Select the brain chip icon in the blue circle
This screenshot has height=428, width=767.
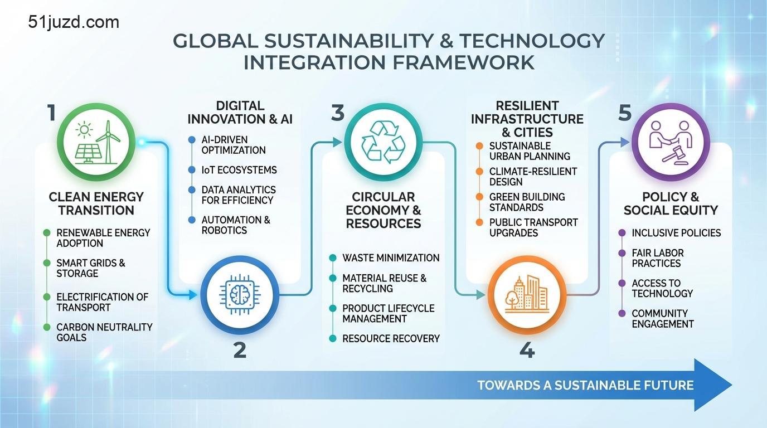pos(240,294)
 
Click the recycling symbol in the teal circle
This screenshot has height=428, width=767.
pos(384,142)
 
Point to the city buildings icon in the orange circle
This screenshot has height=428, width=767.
pos(527,294)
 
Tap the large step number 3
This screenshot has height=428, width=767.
pos(337,113)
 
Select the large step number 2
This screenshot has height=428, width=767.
pos(240,350)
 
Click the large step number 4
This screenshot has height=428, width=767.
pos(527,350)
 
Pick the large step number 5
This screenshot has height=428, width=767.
pos(624,113)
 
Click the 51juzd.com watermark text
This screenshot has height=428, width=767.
pos(74,23)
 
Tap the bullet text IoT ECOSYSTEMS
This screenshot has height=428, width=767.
pos(239,170)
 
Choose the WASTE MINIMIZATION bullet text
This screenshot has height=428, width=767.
pos(391,258)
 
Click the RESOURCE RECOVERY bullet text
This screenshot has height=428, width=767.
pos(391,339)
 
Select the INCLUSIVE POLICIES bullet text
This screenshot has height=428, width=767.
pos(676,233)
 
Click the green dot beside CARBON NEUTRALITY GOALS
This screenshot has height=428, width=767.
pos(47,327)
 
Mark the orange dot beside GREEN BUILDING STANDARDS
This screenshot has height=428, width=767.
pos(479,197)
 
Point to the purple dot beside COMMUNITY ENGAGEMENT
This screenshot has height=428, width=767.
pos(622,313)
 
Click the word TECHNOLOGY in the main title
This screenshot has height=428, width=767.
pos(532,41)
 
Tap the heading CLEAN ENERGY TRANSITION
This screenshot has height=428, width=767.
pos(96,203)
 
